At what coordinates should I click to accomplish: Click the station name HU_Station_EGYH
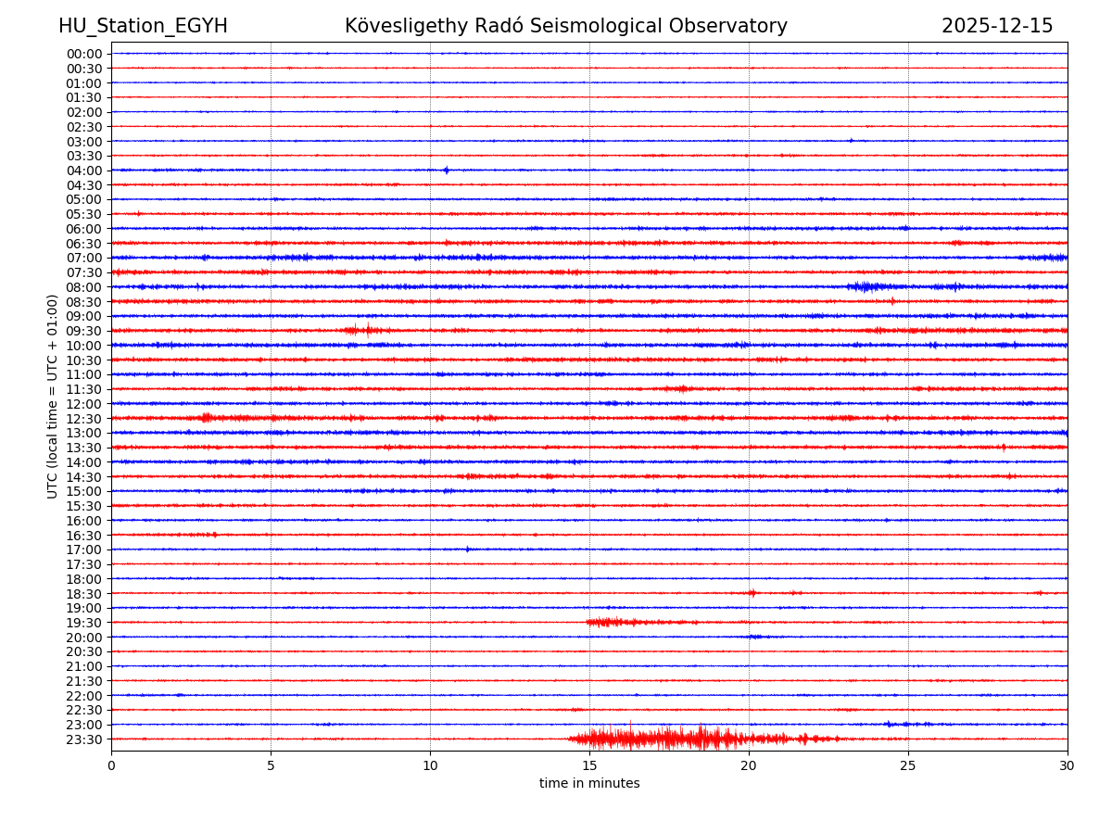pyautogui.click(x=143, y=26)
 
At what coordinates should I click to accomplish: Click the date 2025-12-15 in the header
pyautogui.click(x=997, y=26)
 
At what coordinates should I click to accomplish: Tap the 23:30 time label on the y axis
pyautogui.click(x=84, y=739)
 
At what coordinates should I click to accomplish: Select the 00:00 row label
pyautogui.click(x=84, y=54)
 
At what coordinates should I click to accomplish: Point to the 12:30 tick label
pyautogui.click(x=84, y=419)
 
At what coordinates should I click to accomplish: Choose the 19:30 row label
pyautogui.click(x=84, y=623)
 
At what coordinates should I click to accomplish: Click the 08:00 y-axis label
pyautogui.click(x=84, y=287)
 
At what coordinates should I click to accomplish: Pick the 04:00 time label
pyautogui.click(x=84, y=171)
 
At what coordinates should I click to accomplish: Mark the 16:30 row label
pyautogui.click(x=84, y=536)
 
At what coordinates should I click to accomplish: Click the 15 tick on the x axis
pyautogui.click(x=589, y=765)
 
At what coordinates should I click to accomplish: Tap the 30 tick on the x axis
pyautogui.click(x=1068, y=765)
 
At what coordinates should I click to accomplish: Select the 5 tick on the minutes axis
pyautogui.click(x=271, y=765)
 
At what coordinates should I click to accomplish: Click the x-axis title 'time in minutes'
pyautogui.click(x=589, y=783)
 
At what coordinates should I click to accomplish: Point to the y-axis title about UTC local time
pyautogui.click(x=54, y=396)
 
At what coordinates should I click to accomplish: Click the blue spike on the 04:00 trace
pyautogui.click(x=446, y=170)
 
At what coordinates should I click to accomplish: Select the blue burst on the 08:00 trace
pyautogui.click(x=866, y=286)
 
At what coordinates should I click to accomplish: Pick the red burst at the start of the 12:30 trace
pyautogui.click(x=207, y=418)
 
